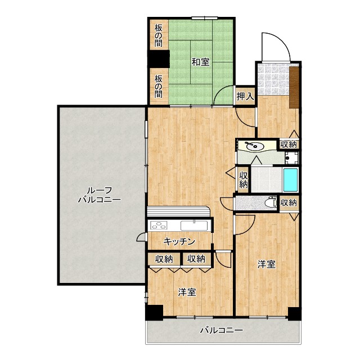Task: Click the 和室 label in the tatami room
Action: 200,62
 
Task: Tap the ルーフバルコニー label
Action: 99,195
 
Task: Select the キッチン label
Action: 179,241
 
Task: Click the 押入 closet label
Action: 245,96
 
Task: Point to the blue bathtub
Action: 290,180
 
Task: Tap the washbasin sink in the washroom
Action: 254,146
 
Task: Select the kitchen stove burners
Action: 158,225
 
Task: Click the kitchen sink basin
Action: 194,225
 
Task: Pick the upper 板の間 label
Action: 159,35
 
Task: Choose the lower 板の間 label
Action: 159,86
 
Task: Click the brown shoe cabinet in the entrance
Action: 294,87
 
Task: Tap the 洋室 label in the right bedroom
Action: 266,264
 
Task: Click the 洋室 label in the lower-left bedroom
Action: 187,292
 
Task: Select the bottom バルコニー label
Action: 222,330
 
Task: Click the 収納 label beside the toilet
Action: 289,202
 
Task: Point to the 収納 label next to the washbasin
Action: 289,145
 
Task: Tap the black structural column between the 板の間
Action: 159,59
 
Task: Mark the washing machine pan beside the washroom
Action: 291,157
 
